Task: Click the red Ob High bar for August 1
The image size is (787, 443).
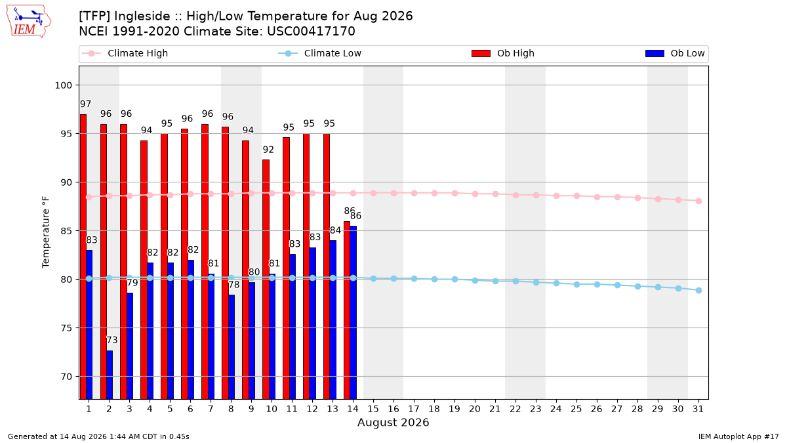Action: [x=83, y=257]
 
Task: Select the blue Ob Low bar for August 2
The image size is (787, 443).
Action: [x=110, y=375]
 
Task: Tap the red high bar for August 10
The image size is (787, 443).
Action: [x=266, y=280]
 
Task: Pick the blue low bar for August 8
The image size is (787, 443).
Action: [x=232, y=347]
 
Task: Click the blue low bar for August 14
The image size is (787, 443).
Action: [x=353, y=312]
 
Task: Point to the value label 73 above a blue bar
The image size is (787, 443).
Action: [x=111, y=340]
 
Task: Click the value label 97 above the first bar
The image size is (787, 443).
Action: [x=85, y=104]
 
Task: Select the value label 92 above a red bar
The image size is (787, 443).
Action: [x=268, y=150]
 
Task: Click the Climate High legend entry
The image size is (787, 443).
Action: [x=125, y=53]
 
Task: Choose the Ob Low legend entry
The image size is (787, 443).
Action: [x=675, y=53]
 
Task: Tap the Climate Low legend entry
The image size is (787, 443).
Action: [x=320, y=53]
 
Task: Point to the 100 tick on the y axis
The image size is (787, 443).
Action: [x=63, y=85]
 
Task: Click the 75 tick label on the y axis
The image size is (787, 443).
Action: [x=66, y=328]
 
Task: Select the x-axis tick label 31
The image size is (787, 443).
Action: [x=698, y=410]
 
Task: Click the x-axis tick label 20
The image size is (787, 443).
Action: [x=475, y=410]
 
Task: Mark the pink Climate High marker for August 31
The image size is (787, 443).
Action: [x=699, y=201]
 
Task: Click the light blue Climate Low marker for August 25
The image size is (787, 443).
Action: [x=577, y=284]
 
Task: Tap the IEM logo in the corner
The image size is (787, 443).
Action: [x=28, y=22]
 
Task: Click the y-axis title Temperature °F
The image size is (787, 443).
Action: [x=46, y=232]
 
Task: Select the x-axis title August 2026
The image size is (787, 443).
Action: [x=393, y=423]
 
